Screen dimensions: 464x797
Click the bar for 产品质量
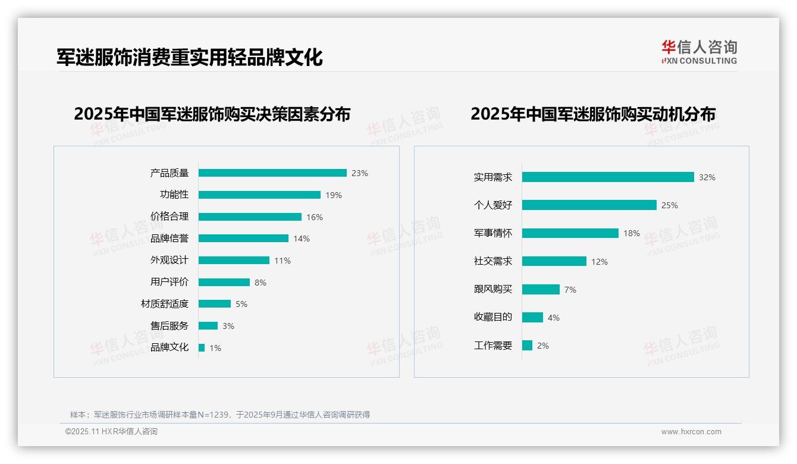(x=272, y=173)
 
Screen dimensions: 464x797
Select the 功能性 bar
(x=259, y=195)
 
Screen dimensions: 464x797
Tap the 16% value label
(x=315, y=217)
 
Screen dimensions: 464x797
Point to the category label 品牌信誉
(x=170, y=239)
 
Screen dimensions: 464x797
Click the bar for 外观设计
(x=234, y=261)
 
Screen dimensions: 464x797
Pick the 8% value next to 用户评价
(x=261, y=283)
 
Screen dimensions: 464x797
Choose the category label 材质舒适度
(x=165, y=304)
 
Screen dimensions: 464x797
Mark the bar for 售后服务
(x=208, y=326)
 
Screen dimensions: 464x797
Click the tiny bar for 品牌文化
(x=202, y=348)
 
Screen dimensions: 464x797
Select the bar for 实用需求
(x=608, y=177)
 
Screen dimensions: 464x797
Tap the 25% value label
(x=670, y=205)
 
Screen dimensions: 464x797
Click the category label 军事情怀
(x=493, y=233)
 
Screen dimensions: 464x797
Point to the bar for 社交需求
(x=554, y=262)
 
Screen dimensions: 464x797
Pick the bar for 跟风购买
(x=541, y=290)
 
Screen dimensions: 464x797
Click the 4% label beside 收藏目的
(x=554, y=318)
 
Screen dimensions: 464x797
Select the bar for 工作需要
(x=528, y=346)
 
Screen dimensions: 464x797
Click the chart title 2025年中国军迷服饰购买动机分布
(x=593, y=114)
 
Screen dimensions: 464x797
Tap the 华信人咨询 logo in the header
(x=699, y=52)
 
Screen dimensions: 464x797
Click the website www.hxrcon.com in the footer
(x=691, y=432)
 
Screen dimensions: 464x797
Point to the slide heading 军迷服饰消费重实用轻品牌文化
(x=190, y=57)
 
